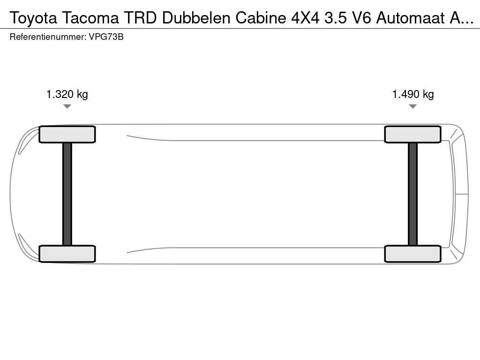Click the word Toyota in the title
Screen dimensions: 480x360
[33, 18]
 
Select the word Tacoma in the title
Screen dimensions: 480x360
[90, 18]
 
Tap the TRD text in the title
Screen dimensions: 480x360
[141, 18]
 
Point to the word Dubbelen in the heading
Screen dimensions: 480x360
[196, 18]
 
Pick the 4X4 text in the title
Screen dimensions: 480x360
[305, 18]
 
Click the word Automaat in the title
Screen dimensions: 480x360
[410, 18]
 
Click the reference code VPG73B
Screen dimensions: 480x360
[106, 37]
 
